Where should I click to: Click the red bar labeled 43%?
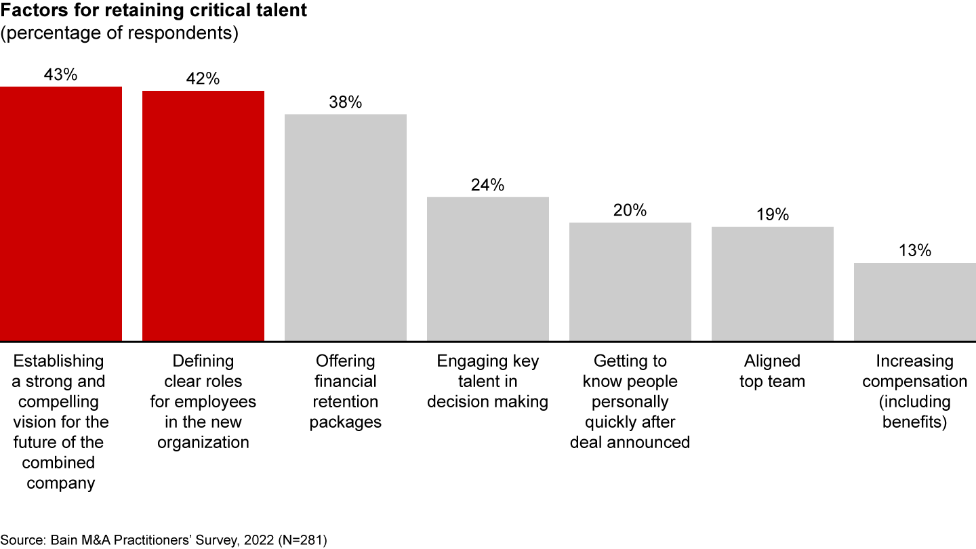click(61, 213)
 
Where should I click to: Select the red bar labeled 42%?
click(203, 216)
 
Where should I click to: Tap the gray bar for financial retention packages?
click(346, 227)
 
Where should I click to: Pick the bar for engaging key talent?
click(488, 268)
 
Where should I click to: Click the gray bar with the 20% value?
click(630, 281)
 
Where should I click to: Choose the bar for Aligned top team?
click(773, 283)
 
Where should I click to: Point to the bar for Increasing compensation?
click(915, 302)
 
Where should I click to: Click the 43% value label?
click(61, 75)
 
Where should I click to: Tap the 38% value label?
click(346, 102)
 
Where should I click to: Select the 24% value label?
click(488, 185)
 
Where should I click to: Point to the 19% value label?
click(773, 215)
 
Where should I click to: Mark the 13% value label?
click(915, 251)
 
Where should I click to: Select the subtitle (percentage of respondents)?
click(119, 34)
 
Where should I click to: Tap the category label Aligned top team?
click(773, 371)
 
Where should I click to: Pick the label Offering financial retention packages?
click(346, 391)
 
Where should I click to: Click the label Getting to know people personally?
click(630, 401)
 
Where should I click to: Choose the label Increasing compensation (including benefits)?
click(915, 391)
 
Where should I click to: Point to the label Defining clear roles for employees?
click(203, 401)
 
